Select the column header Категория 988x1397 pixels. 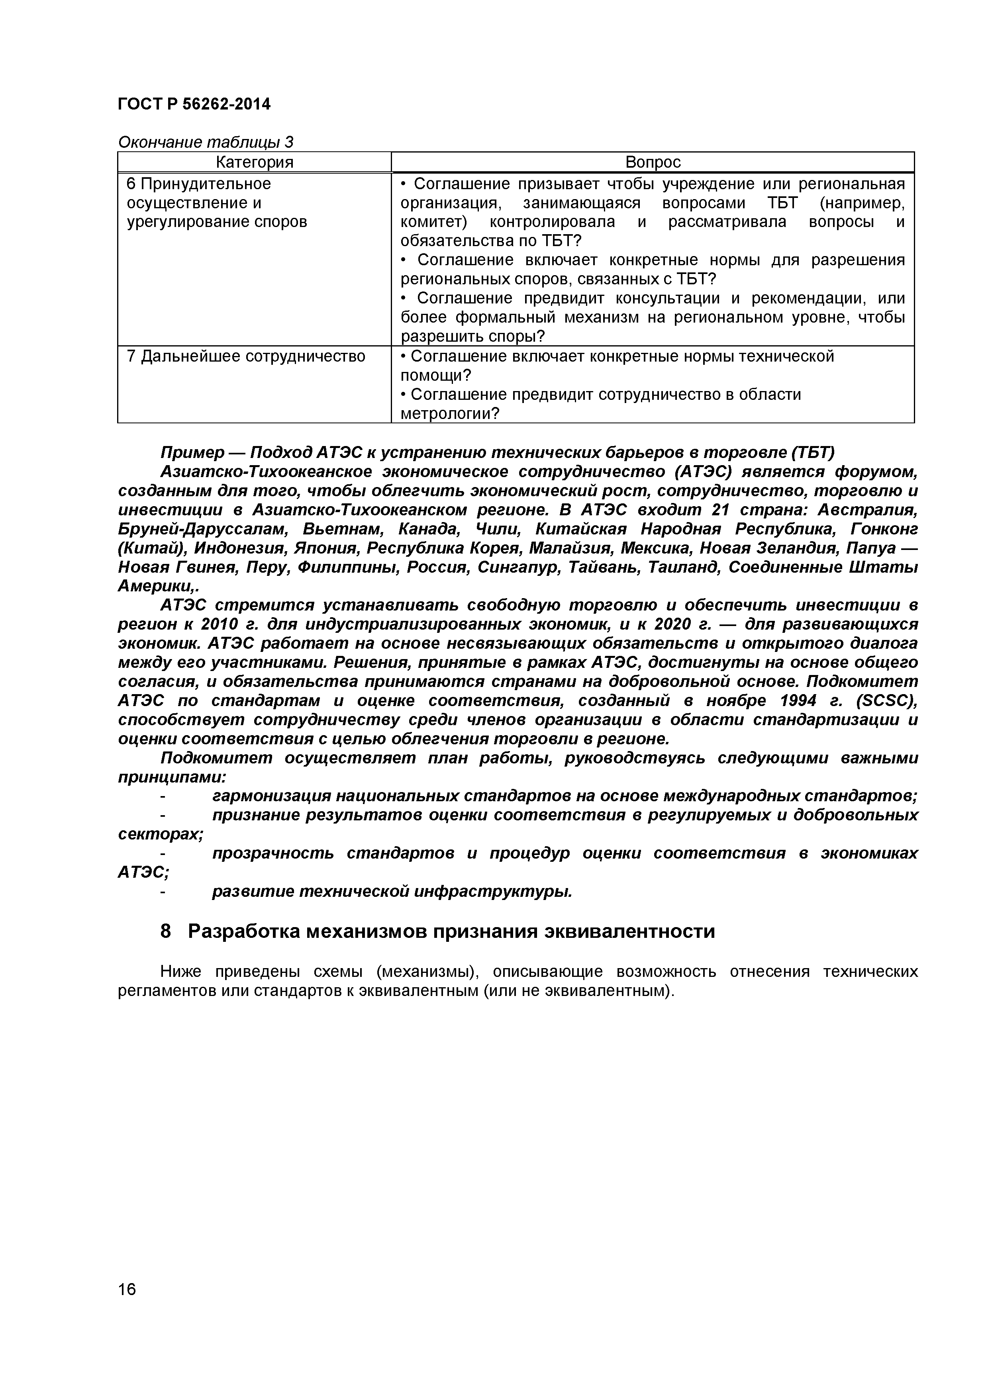coord(255,162)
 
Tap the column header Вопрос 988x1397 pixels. coord(653,162)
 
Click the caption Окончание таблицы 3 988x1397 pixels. coord(205,143)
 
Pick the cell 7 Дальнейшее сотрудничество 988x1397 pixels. coord(246,356)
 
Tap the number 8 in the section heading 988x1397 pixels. coord(166,931)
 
